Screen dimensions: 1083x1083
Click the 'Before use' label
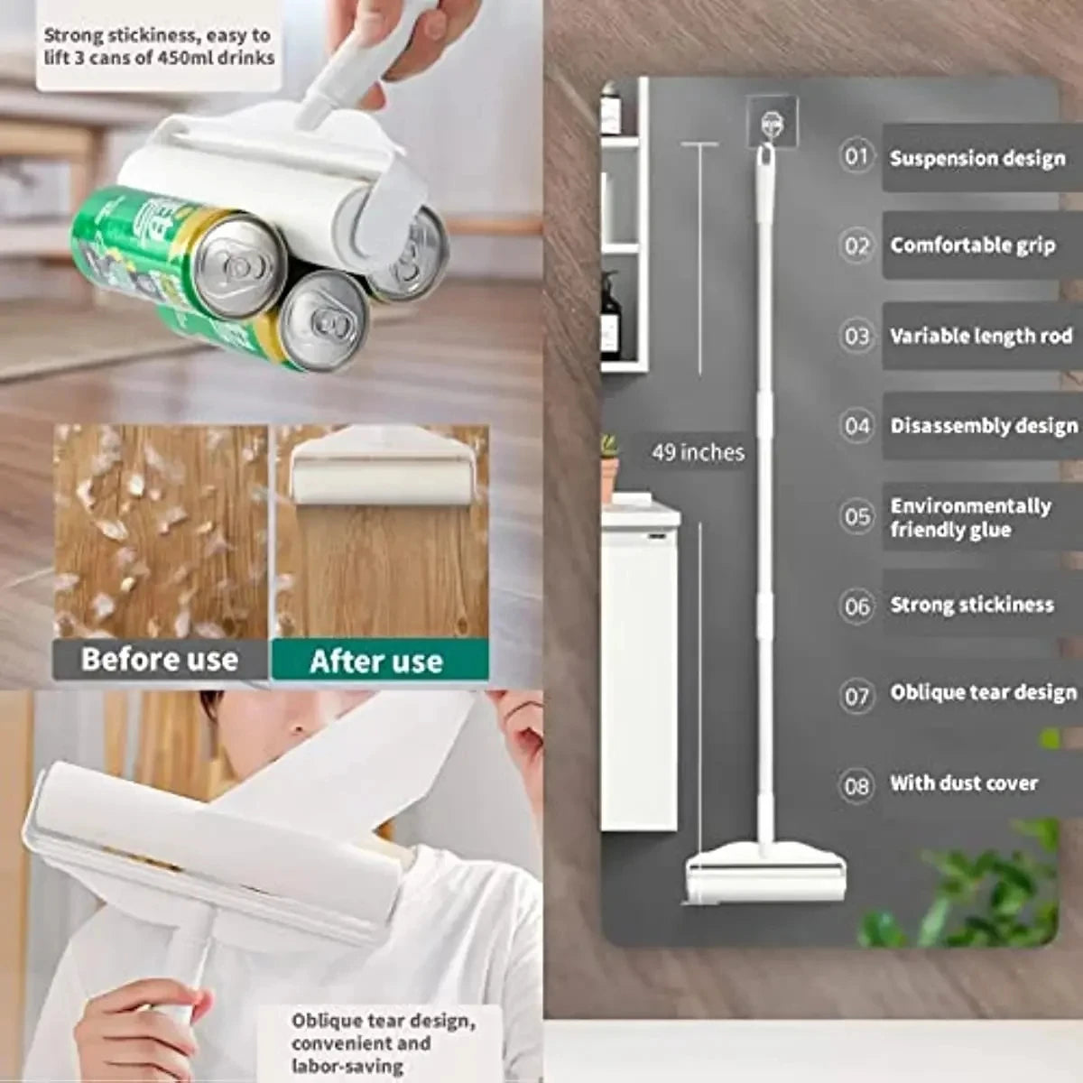pyautogui.click(x=160, y=660)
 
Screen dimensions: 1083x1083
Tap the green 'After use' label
pyautogui.click(x=377, y=661)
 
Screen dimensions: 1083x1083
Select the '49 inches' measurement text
pyautogui.click(x=698, y=452)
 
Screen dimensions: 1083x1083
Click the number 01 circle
pyautogui.click(x=856, y=156)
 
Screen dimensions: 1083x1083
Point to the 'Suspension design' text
pyautogui.click(x=977, y=158)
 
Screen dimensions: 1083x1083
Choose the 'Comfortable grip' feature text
pyautogui.click(x=972, y=245)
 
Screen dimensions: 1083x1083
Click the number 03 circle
pyautogui.click(x=856, y=337)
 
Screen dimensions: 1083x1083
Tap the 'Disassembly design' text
pyautogui.click(x=983, y=426)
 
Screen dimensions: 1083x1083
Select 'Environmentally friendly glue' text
pyautogui.click(x=970, y=517)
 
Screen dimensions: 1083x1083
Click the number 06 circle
pyautogui.click(x=856, y=606)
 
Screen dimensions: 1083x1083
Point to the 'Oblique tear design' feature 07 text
pyautogui.click(x=983, y=693)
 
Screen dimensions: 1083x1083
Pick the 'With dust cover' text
pyautogui.click(x=964, y=783)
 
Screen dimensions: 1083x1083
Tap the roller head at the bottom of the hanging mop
pyautogui.click(x=765, y=873)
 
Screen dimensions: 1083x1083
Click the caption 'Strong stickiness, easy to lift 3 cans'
pyautogui.click(x=159, y=46)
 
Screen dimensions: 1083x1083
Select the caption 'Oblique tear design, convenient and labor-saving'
pyautogui.click(x=383, y=1042)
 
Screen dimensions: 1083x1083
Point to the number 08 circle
pyautogui.click(x=856, y=785)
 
